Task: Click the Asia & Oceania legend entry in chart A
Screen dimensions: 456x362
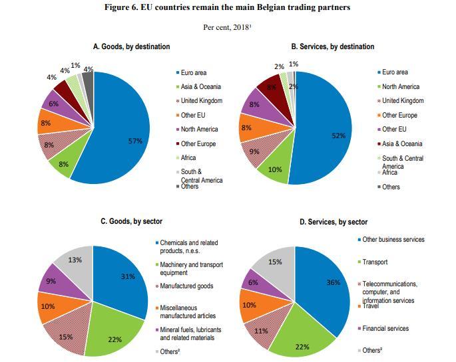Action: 198,87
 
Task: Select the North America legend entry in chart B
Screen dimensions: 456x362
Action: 399,87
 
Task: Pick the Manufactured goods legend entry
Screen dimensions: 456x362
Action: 184,286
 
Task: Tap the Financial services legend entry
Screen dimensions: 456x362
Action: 383,328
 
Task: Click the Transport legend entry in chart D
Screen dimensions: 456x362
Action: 373,262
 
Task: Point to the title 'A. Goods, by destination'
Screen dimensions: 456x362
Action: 131,46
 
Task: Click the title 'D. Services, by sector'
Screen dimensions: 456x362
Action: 334,222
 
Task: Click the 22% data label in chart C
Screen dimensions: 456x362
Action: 115,339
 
